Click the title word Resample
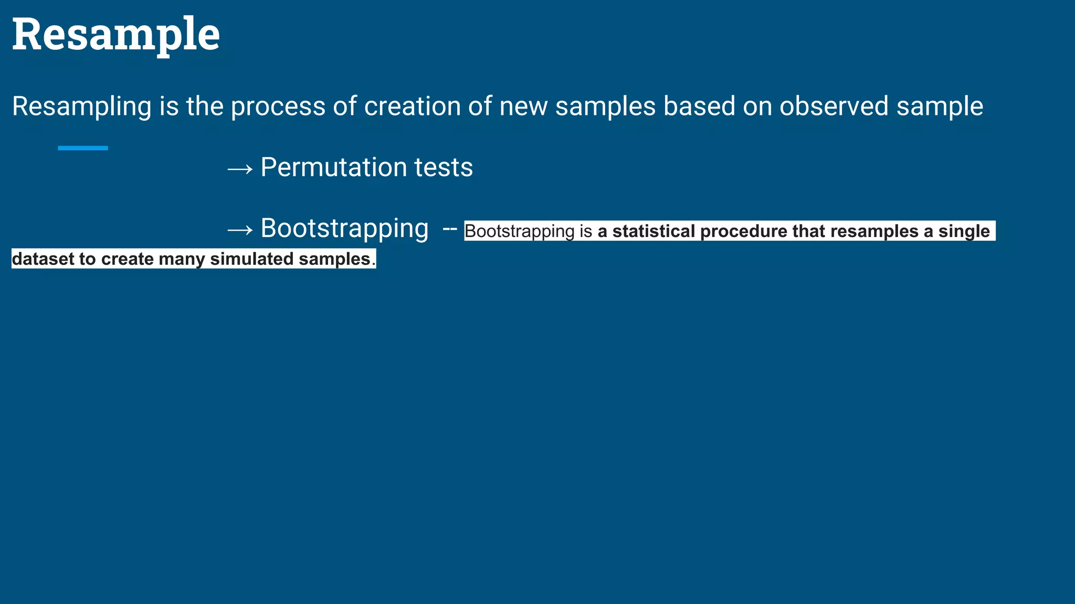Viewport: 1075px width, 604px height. [115, 35]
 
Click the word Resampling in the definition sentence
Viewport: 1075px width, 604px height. [81, 106]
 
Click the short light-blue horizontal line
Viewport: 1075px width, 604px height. [83, 148]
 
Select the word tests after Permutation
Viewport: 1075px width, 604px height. [444, 168]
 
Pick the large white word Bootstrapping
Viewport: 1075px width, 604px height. [344, 229]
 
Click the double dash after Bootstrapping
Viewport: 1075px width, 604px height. [450, 229]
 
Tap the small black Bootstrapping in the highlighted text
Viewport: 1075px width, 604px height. [519, 231]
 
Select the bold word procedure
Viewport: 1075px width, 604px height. [743, 231]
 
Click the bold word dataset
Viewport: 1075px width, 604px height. [43, 259]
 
